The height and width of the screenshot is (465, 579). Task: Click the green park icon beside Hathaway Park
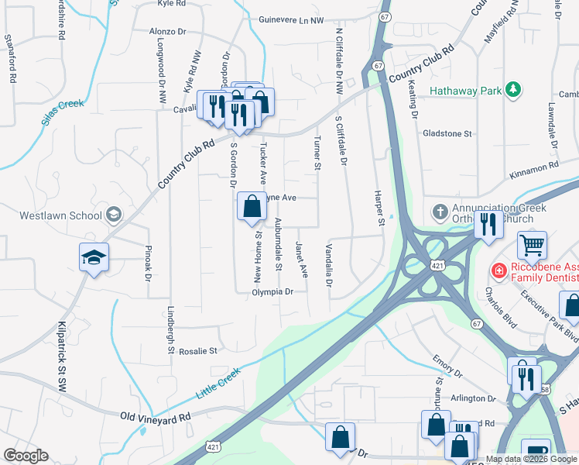[x=512, y=91]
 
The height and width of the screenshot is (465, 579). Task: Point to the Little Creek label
[x=220, y=383]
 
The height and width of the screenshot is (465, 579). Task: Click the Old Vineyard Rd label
[x=156, y=417]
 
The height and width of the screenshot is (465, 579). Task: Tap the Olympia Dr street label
[x=273, y=292]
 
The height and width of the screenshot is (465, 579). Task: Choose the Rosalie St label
[x=199, y=351]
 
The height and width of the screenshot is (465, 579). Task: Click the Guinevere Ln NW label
[x=291, y=20]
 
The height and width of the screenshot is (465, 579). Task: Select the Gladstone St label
[x=447, y=133]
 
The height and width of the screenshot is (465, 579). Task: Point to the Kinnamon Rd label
[x=533, y=167]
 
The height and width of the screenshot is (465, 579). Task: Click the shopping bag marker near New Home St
[x=252, y=208]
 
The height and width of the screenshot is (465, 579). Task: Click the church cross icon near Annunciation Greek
[x=440, y=212]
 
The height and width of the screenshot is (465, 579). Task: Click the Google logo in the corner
[x=26, y=456]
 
